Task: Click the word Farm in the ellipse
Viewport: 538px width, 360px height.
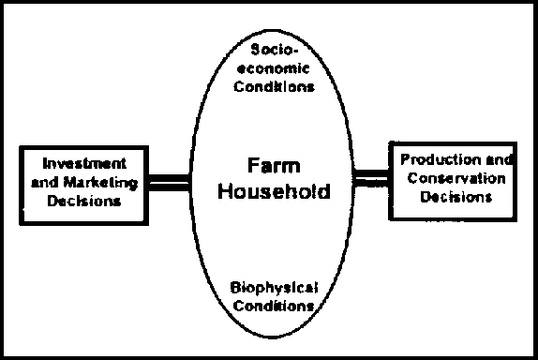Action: click(273, 165)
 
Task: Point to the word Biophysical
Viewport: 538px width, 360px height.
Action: click(273, 287)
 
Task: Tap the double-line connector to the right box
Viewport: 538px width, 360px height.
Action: click(371, 178)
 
